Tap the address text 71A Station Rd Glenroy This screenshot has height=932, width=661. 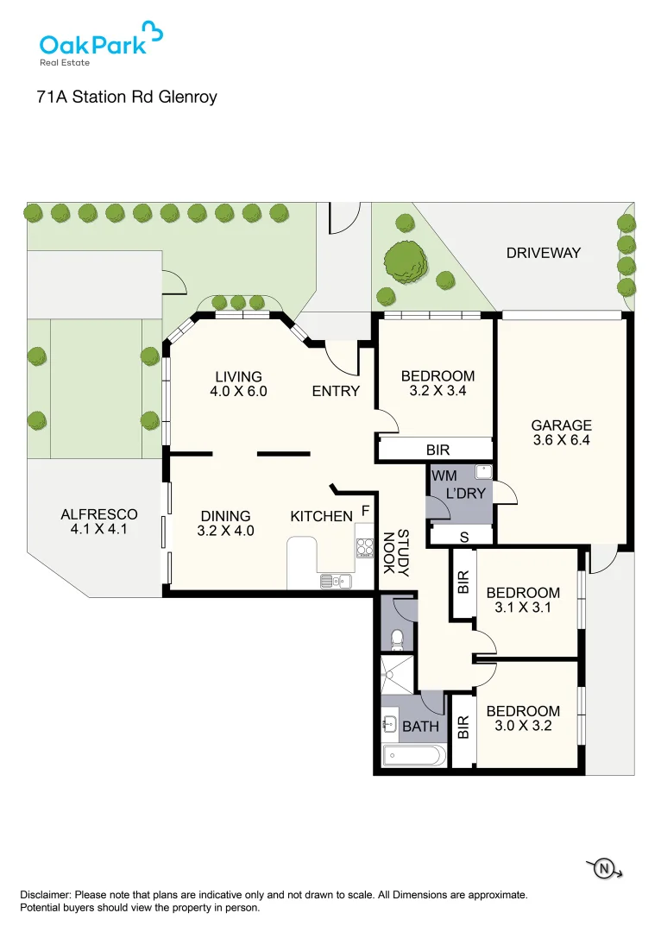[127, 97]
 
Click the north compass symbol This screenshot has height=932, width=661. [604, 868]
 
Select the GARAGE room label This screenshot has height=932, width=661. [561, 425]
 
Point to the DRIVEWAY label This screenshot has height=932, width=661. [544, 253]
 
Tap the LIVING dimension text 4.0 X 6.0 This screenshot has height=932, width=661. [238, 391]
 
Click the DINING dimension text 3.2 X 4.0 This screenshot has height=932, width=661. [225, 531]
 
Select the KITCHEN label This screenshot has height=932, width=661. [321, 516]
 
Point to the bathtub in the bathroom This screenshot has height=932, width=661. [414, 757]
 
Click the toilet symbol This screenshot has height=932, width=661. [398, 639]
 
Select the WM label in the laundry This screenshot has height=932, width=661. [444, 475]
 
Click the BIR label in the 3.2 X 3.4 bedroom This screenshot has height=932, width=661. [438, 450]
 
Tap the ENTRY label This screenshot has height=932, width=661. [336, 391]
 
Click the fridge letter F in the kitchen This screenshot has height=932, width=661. [365, 511]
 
